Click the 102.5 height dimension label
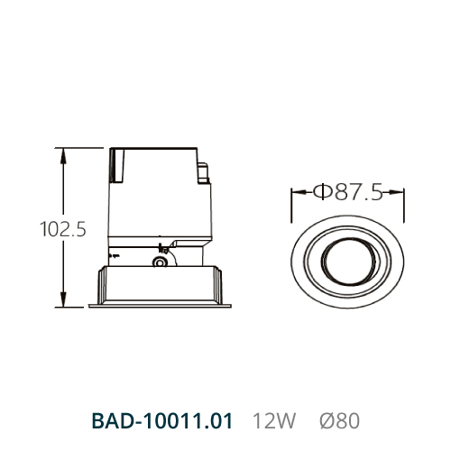coord(63,229)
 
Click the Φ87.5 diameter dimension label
coord(348,191)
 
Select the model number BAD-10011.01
coord(162,420)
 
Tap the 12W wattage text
coord(274,420)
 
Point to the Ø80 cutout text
coord(339,420)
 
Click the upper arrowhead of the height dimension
coord(63,155)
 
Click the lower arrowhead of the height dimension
coord(63,299)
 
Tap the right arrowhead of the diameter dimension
coord(396,192)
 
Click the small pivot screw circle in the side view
coord(161,262)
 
